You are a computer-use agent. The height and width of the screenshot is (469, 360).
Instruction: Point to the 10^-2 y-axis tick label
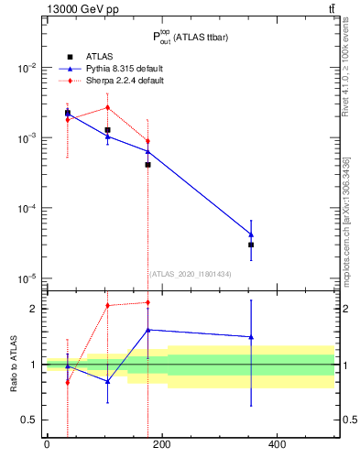27,68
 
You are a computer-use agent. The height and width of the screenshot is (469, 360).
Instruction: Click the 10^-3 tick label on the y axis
27,138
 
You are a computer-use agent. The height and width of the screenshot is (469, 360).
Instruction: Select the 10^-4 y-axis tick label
27,208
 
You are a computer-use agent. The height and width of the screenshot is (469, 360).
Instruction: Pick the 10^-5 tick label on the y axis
27,278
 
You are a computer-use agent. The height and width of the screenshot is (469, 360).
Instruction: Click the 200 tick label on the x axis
161,445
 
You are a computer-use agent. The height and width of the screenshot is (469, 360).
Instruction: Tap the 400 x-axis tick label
276,445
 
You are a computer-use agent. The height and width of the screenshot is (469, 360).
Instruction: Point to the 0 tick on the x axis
47,445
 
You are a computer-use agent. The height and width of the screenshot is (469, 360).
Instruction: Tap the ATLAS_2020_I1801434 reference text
191,273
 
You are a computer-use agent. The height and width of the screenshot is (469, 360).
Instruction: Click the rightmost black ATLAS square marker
251,245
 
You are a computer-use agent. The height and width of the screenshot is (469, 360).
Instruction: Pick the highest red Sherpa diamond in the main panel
108,107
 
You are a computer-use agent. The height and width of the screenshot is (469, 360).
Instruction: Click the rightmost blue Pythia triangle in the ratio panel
251,337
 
